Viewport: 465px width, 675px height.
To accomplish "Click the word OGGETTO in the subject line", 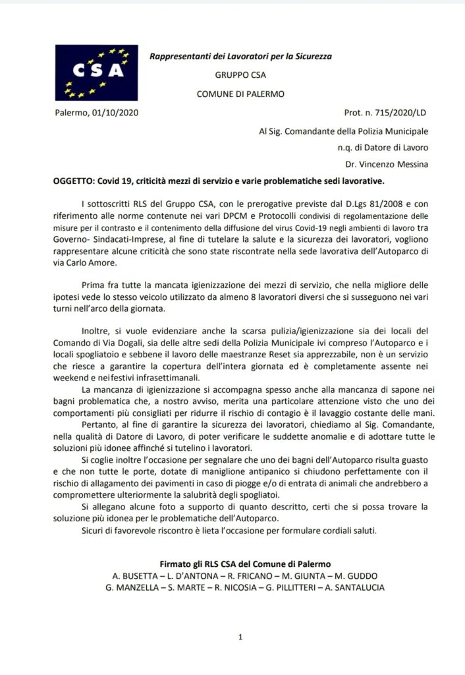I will click(x=74, y=181).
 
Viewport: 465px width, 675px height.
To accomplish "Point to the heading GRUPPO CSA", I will click(x=240, y=75).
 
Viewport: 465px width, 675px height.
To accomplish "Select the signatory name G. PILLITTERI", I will click(x=283, y=586).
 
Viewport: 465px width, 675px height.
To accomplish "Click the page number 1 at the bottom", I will click(x=240, y=637).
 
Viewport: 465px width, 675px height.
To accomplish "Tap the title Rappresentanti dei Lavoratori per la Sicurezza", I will click(x=240, y=57).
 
